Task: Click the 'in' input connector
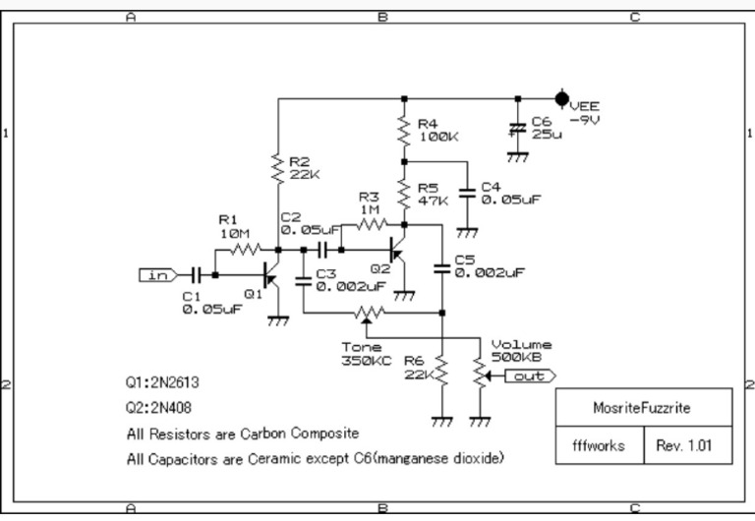tap(157, 275)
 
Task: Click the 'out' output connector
tap(531, 376)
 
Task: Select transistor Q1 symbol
tap(272, 278)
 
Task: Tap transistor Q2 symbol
tap(399, 253)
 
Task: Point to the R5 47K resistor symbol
tap(403, 192)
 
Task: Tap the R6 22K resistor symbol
tap(441, 372)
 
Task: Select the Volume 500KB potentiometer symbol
tap(480, 375)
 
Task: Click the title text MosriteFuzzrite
tap(642, 407)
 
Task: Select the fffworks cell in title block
tap(598, 444)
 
